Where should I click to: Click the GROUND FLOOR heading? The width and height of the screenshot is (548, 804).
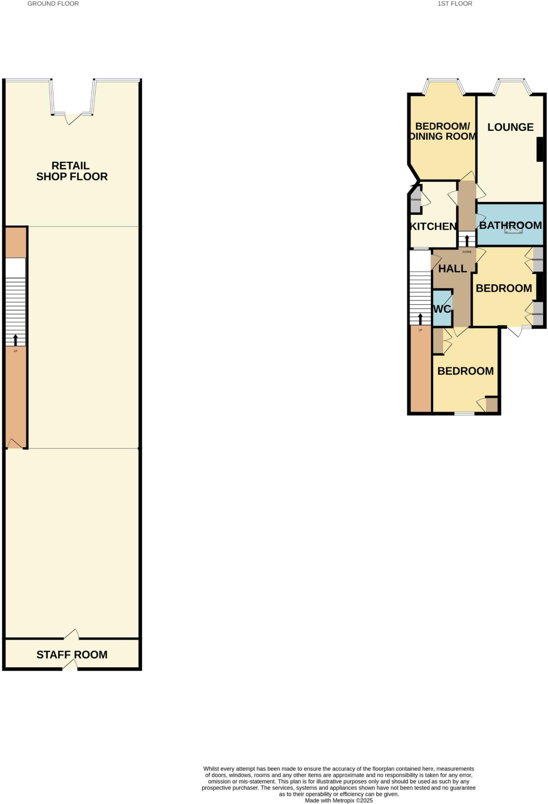(53, 4)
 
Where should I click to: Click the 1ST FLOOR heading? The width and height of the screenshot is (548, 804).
(455, 4)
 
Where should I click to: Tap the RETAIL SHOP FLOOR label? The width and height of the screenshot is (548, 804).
(72, 171)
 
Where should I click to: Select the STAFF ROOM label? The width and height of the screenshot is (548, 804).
(72, 655)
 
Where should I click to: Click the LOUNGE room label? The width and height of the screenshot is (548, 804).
(510, 127)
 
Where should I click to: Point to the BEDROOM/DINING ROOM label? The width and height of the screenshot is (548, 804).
(442, 131)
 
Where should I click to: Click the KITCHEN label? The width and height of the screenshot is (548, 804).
(433, 227)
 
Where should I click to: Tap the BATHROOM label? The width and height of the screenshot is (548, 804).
(510, 225)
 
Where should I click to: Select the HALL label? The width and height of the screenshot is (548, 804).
(452, 269)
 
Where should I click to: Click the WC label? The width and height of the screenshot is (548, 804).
(442, 309)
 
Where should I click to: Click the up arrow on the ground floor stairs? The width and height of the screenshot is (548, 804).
(16, 339)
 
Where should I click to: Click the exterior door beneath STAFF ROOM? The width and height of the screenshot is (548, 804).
(70, 665)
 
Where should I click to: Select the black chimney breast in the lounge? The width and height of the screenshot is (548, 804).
(540, 149)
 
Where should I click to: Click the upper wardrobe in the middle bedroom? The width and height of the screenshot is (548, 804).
(538, 259)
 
